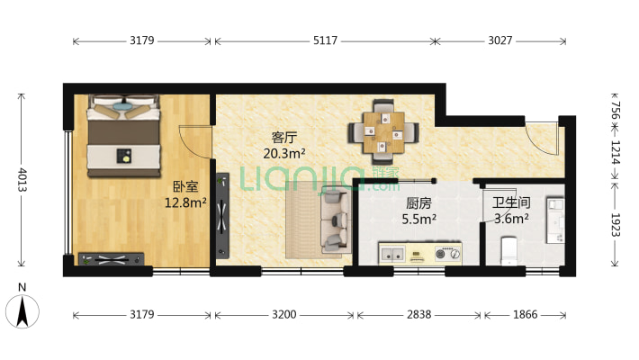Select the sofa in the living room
pos(334,220)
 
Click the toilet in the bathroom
pos(509,250)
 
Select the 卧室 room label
pos(185,187)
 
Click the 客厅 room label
pos(284,138)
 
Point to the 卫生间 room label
pos(510,202)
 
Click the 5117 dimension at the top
pos(324,40)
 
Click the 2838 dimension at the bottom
pos(419,315)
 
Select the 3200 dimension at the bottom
pos(284,315)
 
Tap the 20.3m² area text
pos(284,154)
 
